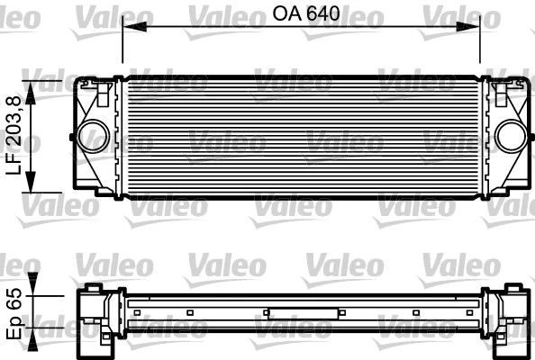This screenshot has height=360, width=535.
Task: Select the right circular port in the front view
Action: coord(510,137)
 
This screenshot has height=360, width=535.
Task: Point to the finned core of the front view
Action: coord(302,135)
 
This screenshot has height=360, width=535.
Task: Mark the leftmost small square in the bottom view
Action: coord(138,312)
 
